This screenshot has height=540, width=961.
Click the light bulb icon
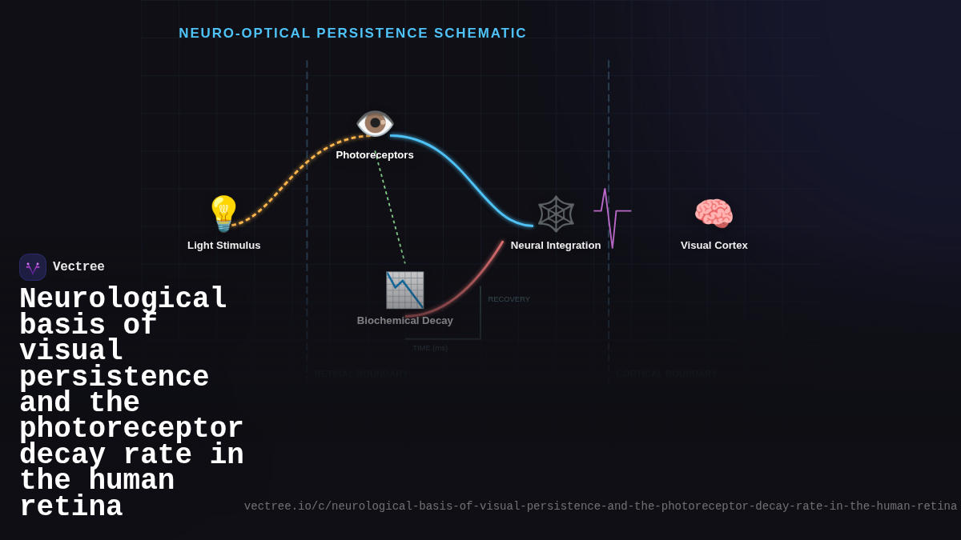224,214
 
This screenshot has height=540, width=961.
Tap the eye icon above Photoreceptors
375,123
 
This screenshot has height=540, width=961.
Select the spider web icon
556,214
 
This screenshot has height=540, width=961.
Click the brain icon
714,214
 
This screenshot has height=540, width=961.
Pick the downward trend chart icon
404,290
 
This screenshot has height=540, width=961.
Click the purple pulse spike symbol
611,217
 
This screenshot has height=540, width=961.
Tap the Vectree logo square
33,267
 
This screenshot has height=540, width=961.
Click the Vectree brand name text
78,267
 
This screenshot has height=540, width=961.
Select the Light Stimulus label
224,246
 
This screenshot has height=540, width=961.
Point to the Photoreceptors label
375,155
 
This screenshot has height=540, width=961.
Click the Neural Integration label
556,246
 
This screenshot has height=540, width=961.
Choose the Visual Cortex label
714,246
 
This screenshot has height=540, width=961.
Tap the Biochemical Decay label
404,321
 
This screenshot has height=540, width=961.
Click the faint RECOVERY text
509,299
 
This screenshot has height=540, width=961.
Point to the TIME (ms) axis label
430,348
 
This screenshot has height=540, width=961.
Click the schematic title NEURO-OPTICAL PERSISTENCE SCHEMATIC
352,34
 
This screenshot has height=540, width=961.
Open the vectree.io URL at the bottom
600,506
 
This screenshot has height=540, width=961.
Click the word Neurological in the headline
123,299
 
